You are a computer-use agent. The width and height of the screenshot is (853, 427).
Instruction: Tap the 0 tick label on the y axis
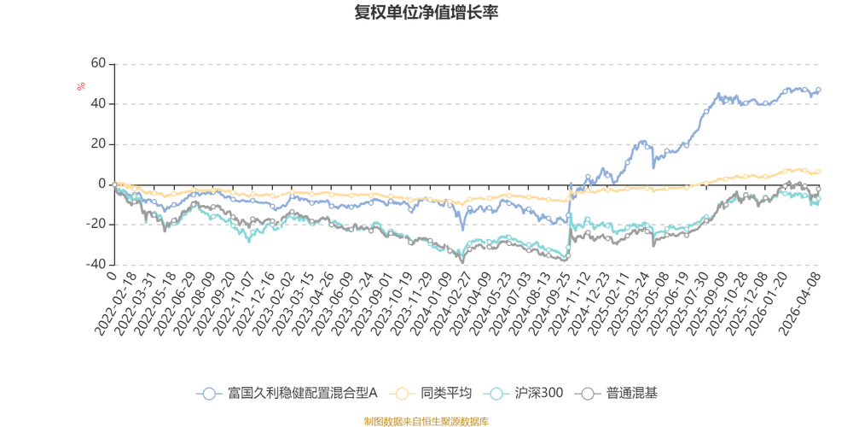[x=102, y=184]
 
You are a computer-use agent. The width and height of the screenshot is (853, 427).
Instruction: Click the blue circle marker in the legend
[x=208, y=394]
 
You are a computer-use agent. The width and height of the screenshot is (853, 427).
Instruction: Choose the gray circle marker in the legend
[x=588, y=394]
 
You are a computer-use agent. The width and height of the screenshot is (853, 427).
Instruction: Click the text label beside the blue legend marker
[x=299, y=394]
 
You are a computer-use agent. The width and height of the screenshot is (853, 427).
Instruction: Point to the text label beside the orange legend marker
[x=444, y=394]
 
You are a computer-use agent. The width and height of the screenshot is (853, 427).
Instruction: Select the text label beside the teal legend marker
[x=538, y=394]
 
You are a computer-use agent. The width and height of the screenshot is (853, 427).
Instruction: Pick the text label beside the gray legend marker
[x=631, y=394]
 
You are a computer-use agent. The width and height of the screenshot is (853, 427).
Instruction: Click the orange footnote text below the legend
[x=426, y=419]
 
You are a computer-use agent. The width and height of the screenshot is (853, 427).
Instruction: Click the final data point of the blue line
[x=820, y=89]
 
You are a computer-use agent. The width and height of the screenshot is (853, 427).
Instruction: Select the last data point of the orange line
[x=820, y=171]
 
